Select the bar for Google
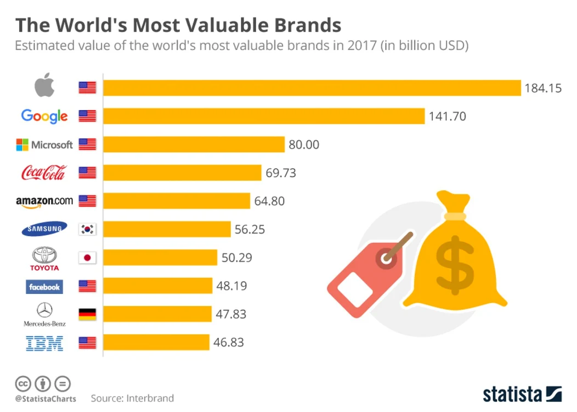click(x=264, y=116)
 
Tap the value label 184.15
click(x=543, y=88)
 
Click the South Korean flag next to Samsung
click(x=87, y=229)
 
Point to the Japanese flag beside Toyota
click(x=87, y=258)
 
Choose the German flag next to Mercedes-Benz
click(x=87, y=314)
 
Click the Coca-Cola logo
click(x=44, y=172)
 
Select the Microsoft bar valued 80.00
click(x=194, y=144)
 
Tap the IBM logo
click(x=44, y=343)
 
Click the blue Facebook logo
click(x=44, y=287)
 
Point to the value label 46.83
click(x=229, y=342)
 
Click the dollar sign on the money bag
click(x=455, y=265)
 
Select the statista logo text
click(x=512, y=394)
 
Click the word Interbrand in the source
click(x=150, y=398)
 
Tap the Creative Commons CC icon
click(x=23, y=383)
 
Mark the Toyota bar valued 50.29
click(x=160, y=258)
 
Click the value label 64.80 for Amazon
click(x=269, y=201)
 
